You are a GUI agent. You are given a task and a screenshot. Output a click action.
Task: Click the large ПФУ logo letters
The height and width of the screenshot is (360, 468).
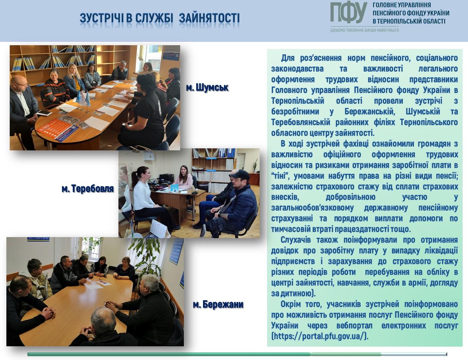349,13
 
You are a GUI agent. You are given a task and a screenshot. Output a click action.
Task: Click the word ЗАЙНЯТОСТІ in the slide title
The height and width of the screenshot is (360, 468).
209,18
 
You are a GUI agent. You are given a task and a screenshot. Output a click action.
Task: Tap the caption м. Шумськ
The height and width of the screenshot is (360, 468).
207,88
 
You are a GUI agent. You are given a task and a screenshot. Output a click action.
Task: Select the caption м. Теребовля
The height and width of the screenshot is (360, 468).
88,189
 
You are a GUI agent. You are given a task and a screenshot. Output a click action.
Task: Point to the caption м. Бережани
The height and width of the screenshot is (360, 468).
218,304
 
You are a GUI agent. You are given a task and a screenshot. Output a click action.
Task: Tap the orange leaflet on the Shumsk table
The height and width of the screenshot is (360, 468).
57,130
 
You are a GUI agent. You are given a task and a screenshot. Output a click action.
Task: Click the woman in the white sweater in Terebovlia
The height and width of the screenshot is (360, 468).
145,198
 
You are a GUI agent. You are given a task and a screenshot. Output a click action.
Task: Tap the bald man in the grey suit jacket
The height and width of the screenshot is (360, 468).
22,107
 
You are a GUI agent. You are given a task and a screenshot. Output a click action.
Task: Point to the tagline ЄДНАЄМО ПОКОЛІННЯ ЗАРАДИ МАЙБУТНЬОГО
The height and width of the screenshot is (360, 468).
364,30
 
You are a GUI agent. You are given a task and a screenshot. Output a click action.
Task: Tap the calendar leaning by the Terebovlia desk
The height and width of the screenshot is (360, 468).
158,228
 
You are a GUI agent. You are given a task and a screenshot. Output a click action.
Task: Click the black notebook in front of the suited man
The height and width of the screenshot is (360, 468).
44,113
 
